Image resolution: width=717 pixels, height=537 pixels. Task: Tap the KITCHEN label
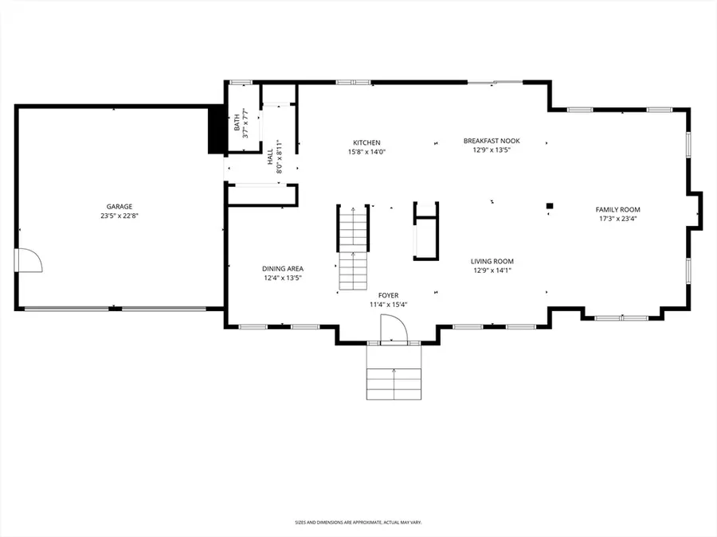pyautogui.click(x=366, y=143)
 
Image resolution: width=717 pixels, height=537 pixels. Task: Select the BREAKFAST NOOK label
pyautogui.click(x=492, y=141)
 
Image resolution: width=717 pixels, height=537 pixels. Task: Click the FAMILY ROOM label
pyautogui.click(x=618, y=210)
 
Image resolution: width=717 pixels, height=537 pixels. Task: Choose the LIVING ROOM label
pyautogui.click(x=492, y=261)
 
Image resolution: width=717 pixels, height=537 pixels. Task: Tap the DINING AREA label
pyautogui.click(x=283, y=269)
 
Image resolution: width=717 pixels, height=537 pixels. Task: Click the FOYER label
pyautogui.click(x=388, y=295)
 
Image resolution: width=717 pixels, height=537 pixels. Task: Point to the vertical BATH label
pyautogui.click(x=237, y=123)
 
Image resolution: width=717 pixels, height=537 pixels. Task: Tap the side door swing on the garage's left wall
pyautogui.click(x=27, y=260)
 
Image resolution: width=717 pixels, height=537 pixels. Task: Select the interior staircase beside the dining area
pyautogui.click(x=352, y=248)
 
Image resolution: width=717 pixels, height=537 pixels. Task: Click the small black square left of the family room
pyautogui.click(x=549, y=207)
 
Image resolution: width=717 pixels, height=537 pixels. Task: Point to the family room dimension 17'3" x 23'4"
pyautogui.click(x=618, y=220)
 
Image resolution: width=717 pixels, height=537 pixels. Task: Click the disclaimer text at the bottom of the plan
pyautogui.click(x=358, y=523)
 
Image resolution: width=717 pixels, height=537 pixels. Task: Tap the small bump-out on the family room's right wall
pyautogui.click(x=696, y=209)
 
